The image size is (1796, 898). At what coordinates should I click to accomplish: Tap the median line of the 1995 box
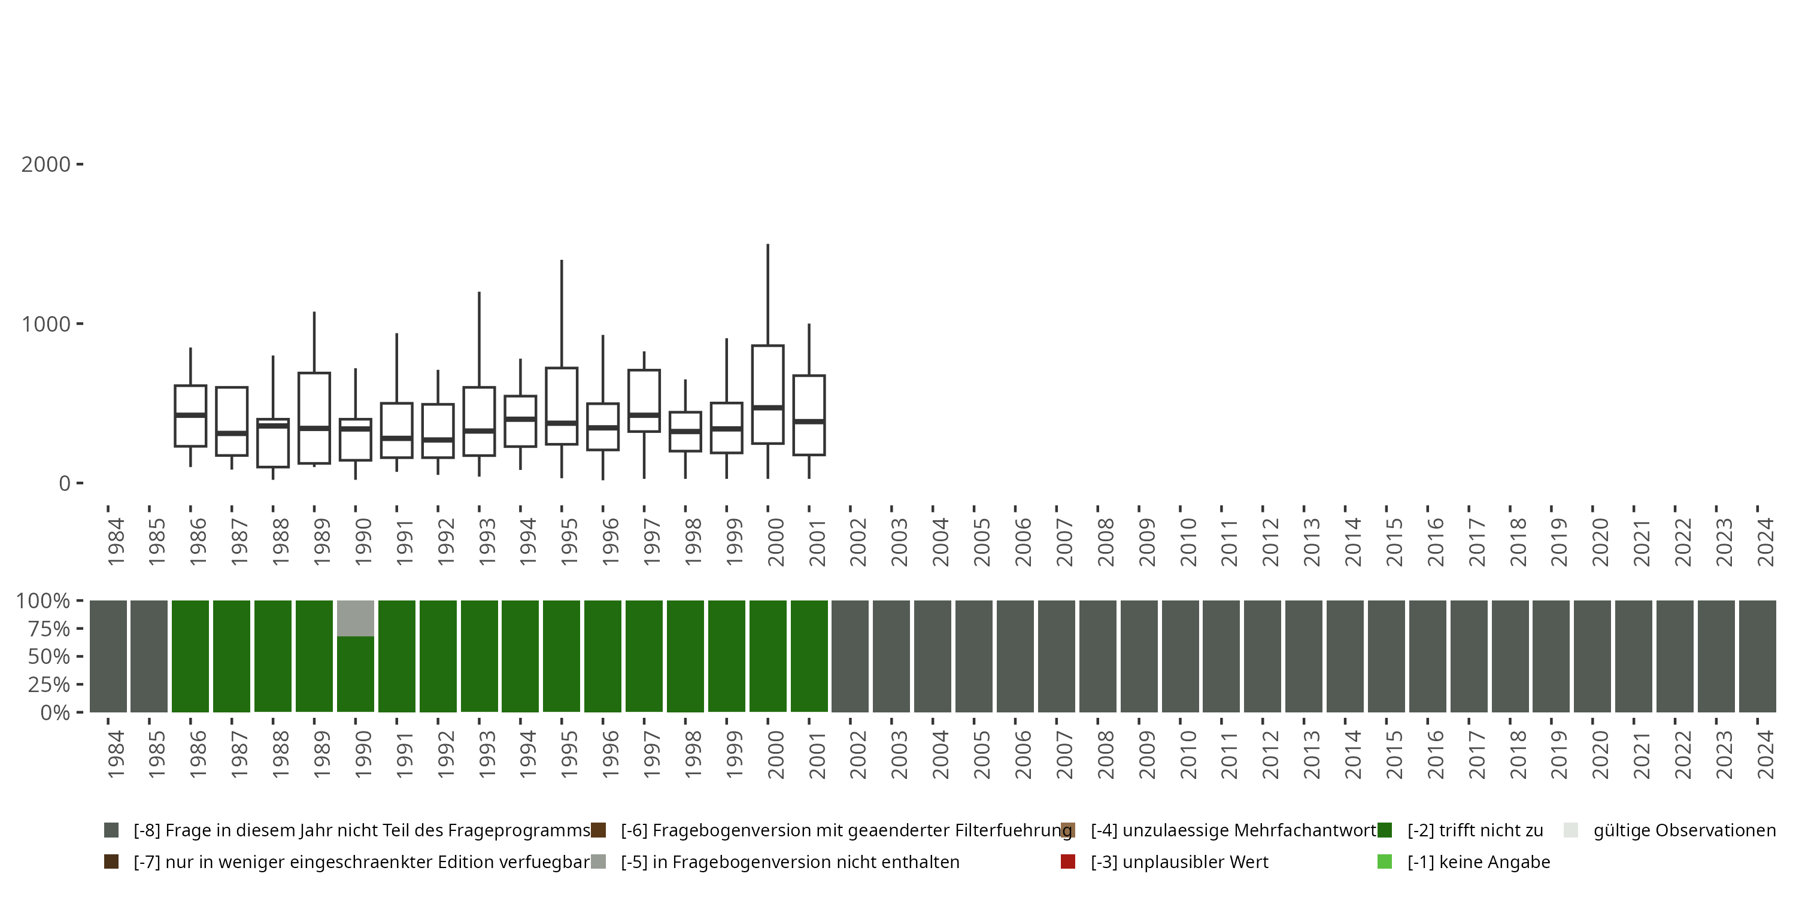point(562,423)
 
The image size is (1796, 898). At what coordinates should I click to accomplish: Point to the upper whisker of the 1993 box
point(479,339)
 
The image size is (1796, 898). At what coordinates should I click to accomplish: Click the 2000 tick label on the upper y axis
point(46,165)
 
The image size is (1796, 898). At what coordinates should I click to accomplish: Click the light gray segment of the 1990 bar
point(356,618)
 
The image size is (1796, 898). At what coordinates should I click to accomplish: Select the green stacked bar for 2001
point(809,656)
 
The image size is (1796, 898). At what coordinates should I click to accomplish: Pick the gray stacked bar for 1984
point(108,656)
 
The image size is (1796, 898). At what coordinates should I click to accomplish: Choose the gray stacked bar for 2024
point(1758,656)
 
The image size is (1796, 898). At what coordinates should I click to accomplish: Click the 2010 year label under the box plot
point(1187,542)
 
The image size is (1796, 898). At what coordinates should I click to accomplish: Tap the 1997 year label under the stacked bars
point(651,755)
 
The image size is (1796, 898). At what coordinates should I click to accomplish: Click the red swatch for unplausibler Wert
point(1067,861)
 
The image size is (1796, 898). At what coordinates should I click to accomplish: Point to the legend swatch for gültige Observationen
point(1570,830)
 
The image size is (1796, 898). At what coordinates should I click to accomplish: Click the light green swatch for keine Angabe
point(1385,861)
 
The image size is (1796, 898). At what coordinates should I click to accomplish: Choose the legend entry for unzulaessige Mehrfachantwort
point(1233,830)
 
